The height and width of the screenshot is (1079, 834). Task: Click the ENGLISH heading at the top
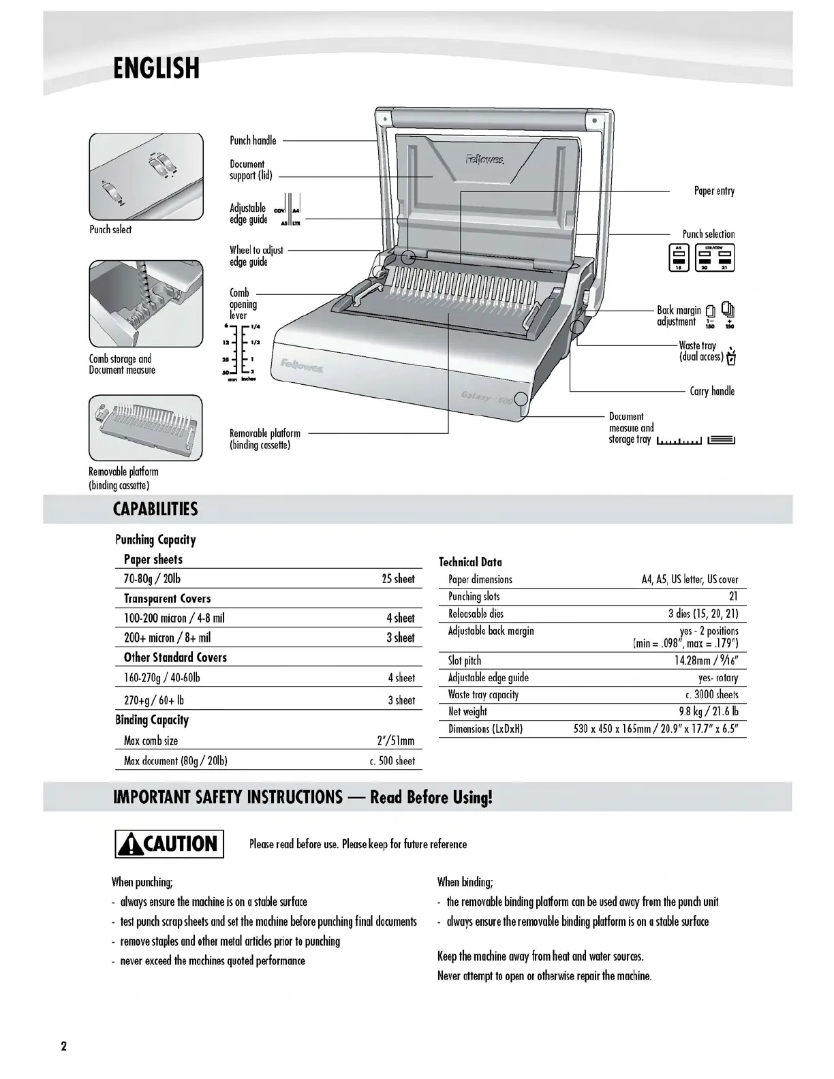pyautogui.click(x=156, y=68)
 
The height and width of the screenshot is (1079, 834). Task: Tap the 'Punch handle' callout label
pyautogui.click(x=253, y=140)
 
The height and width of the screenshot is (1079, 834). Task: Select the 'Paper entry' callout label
pyautogui.click(x=714, y=191)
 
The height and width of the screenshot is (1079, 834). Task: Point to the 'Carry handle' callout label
pyautogui.click(x=712, y=391)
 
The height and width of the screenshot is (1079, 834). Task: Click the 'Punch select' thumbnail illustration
pyautogui.click(x=146, y=176)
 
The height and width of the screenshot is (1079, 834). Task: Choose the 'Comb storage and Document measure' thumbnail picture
pyautogui.click(x=146, y=303)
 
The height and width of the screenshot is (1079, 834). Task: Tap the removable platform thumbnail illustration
pyautogui.click(x=146, y=428)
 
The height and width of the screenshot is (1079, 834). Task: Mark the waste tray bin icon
pyautogui.click(x=731, y=356)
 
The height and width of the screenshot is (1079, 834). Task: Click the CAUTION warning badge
pyautogui.click(x=169, y=844)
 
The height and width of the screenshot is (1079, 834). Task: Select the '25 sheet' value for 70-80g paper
pyautogui.click(x=398, y=579)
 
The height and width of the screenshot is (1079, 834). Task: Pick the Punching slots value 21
pyautogui.click(x=733, y=597)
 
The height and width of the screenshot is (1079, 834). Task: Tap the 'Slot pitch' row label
pyautogui.click(x=465, y=661)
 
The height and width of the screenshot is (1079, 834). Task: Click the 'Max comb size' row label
pyautogui.click(x=151, y=741)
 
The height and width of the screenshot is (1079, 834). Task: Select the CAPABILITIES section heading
pyautogui.click(x=155, y=510)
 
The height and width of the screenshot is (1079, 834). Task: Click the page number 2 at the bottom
pyautogui.click(x=64, y=1047)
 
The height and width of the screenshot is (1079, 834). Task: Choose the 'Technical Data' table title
pyautogui.click(x=470, y=562)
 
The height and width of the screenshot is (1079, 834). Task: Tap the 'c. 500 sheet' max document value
pyautogui.click(x=392, y=761)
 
